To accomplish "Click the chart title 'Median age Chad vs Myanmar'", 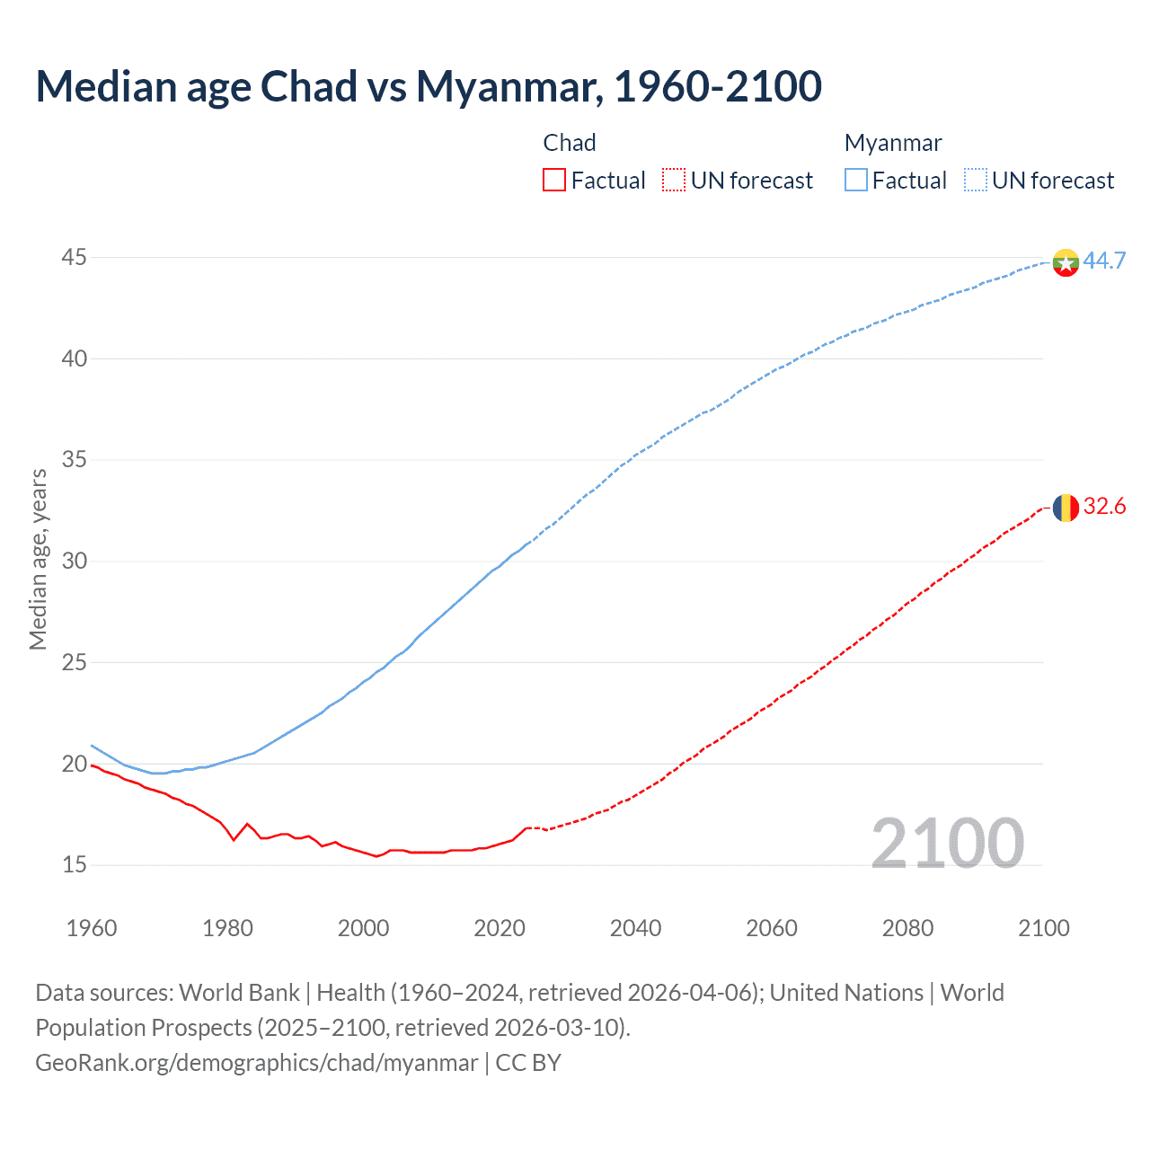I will tap(429, 86).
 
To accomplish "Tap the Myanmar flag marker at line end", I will tap(1066, 262).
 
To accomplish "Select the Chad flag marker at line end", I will tap(1066, 508).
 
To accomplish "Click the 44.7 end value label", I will tap(1104, 261).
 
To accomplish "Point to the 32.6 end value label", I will tap(1104, 507).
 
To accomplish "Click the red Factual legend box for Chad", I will tap(554, 181).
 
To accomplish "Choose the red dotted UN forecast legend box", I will tap(674, 181).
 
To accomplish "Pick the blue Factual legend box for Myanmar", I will tap(856, 181).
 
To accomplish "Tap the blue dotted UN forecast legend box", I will tap(976, 181).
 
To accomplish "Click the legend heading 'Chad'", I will tap(570, 143).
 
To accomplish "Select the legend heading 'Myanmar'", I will tap(893, 143).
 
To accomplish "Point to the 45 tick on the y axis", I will tap(74, 258).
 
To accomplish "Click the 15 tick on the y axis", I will tap(74, 865).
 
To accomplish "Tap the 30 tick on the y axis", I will tap(74, 562).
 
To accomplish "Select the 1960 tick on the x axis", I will tap(92, 928).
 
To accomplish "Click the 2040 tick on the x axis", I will tap(635, 928).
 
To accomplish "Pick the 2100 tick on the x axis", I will tap(1043, 928).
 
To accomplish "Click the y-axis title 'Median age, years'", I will tap(38, 559).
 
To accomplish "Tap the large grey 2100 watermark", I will tap(948, 844).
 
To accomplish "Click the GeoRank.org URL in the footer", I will tap(256, 1063).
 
